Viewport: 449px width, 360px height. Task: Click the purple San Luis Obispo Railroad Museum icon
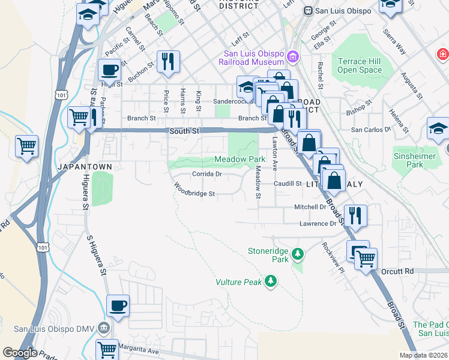(x=293, y=57)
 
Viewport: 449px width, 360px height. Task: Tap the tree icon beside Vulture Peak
(x=271, y=281)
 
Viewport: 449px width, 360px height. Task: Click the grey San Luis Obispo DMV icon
(x=104, y=328)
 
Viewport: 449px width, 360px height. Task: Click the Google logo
(x=20, y=353)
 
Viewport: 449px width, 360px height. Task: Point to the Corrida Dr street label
(x=207, y=175)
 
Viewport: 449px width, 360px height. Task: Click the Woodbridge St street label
(x=194, y=193)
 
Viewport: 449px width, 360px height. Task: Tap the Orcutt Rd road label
(x=397, y=271)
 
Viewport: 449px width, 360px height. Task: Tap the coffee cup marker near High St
(x=109, y=71)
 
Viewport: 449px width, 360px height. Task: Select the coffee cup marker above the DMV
(x=118, y=306)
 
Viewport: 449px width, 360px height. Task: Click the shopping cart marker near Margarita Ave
(x=107, y=349)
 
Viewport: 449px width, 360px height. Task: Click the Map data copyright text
(x=423, y=355)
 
